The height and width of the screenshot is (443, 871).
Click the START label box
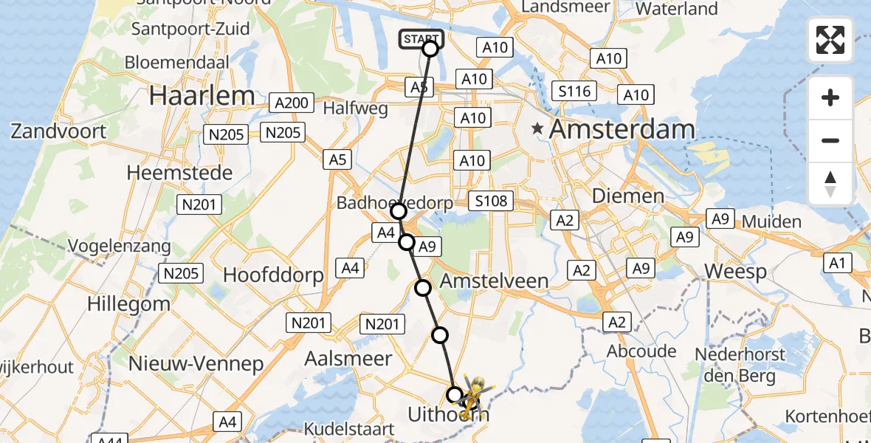[421, 38]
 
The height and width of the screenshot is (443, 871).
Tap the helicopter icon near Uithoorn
[473, 395]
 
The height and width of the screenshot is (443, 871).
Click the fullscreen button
[830, 41]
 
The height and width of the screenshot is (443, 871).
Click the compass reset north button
[830, 184]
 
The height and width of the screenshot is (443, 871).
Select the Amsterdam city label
[622, 130]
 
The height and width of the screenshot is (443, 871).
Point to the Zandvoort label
[58, 131]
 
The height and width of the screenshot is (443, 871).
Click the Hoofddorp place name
[273, 275]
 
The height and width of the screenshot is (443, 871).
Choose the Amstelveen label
[494, 281]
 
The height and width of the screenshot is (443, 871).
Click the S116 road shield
[574, 92]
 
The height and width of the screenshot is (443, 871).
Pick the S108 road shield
[492, 202]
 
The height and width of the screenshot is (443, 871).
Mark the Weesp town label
[735, 272]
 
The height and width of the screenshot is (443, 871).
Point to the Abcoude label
[641, 351]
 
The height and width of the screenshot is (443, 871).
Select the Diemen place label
[627, 196]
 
